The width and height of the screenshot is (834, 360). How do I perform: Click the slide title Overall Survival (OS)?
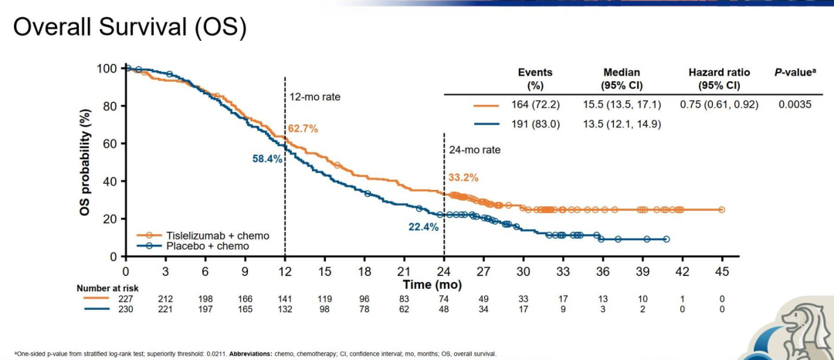[x=130, y=27]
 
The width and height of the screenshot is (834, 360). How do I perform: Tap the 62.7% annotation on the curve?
[x=303, y=128]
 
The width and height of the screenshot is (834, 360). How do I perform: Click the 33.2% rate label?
[x=463, y=178]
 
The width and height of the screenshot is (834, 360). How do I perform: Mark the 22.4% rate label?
[x=424, y=227]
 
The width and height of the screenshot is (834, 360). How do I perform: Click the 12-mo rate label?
[x=314, y=97]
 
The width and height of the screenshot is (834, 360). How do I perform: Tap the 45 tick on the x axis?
[x=721, y=271]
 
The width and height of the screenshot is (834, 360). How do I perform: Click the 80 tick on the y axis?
[x=110, y=106]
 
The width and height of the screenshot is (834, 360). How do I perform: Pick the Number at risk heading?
[x=107, y=288]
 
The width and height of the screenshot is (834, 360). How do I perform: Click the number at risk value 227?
[x=126, y=299]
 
